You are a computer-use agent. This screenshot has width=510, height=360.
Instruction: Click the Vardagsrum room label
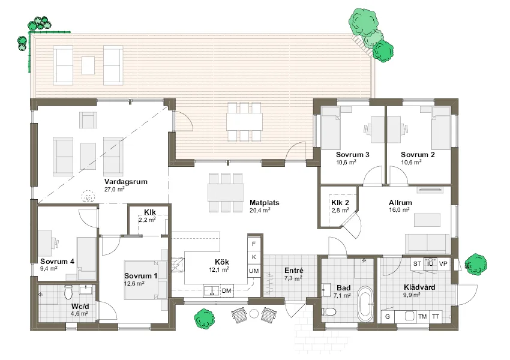(125, 181)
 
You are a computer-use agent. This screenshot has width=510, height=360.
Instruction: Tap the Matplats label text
(264, 203)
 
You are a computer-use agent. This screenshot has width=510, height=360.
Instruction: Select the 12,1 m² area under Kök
(218, 270)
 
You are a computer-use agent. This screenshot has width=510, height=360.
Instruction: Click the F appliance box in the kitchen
(254, 244)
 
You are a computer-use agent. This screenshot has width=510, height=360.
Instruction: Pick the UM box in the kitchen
(254, 272)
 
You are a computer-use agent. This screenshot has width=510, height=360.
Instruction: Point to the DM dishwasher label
(226, 291)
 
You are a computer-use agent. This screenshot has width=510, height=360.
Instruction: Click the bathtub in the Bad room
(364, 304)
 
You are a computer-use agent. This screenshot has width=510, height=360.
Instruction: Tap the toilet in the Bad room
(329, 311)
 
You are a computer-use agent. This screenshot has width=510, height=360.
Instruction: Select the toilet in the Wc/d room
(68, 292)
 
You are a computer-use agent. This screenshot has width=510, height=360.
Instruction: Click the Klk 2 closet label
(340, 203)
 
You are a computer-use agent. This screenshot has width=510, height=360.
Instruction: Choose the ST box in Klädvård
(416, 263)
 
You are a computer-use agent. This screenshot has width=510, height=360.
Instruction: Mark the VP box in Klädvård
(443, 263)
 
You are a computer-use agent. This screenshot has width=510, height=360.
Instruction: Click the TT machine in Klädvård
(436, 316)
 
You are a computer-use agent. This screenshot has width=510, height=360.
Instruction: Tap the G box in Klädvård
(388, 316)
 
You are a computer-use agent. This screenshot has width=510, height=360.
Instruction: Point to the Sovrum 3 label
(352, 155)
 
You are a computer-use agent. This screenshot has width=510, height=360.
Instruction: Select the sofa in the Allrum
(427, 243)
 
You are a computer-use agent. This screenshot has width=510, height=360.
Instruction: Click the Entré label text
(293, 271)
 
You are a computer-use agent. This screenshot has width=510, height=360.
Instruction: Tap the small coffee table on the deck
(88, 64)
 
